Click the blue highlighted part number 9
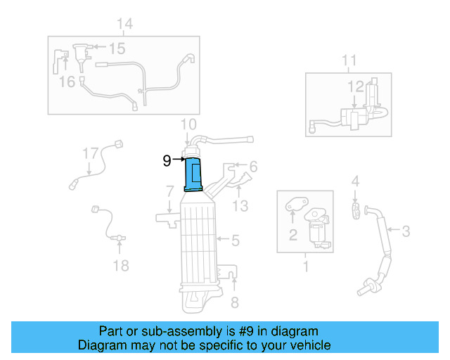193,174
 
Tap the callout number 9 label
166,161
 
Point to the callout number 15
116,49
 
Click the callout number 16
67,82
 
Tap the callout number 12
356,86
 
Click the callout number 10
188,126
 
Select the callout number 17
90,153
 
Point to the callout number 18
121,265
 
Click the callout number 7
169,191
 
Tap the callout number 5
235,240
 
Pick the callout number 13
240,205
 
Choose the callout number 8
235,303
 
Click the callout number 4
356,182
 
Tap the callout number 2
292,235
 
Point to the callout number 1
305,266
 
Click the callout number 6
253,166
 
